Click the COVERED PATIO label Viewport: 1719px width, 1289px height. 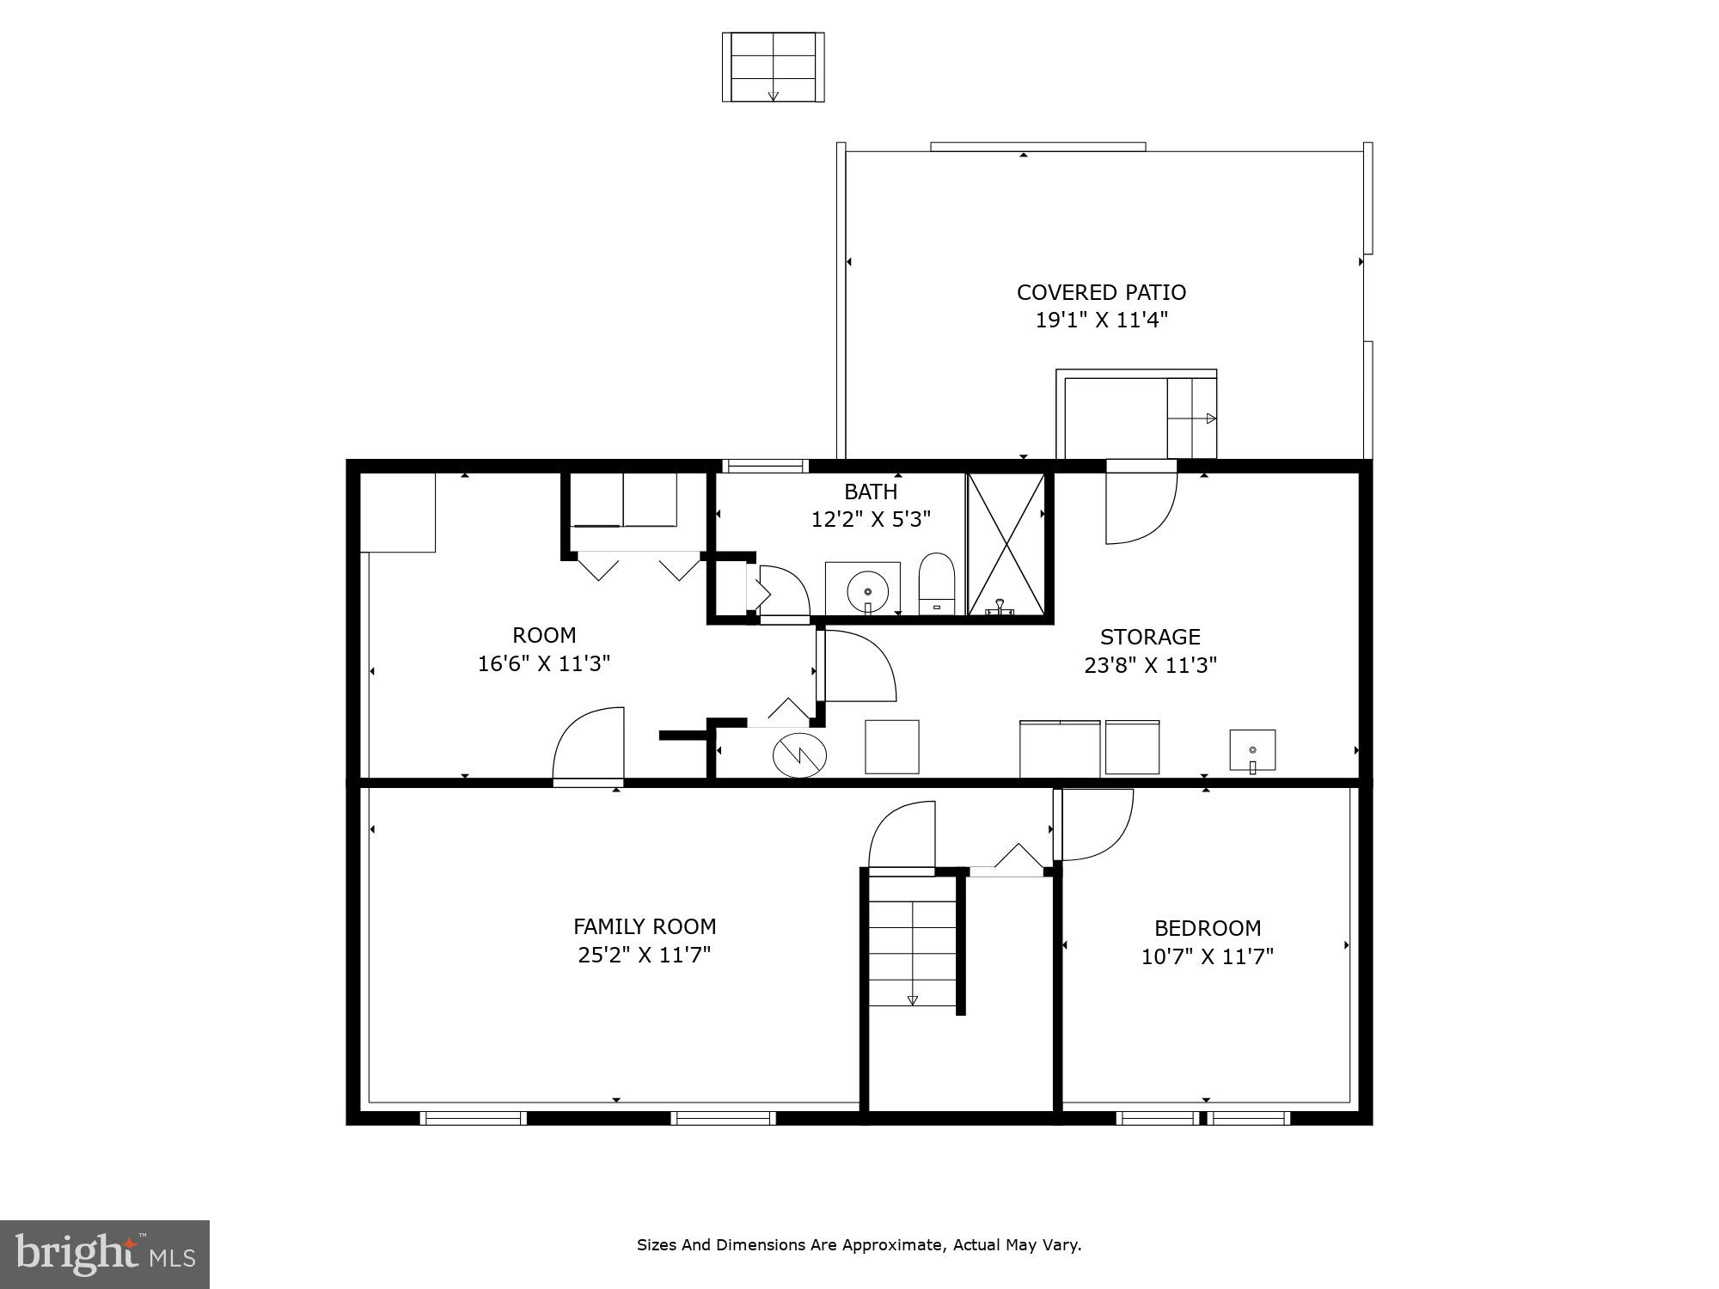(x=1101, y=292)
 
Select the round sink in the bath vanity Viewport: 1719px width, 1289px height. (x=867, y=591)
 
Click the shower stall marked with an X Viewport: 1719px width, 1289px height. (x=1006, y=544)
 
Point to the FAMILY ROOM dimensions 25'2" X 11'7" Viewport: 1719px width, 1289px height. (x=644, y=955)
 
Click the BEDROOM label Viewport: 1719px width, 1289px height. (x=1207, y=928)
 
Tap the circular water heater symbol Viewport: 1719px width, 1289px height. (x=799, y=755)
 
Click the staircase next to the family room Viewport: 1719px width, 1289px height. (x=912, y=941)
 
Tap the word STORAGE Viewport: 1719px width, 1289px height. (x=1150, y=637)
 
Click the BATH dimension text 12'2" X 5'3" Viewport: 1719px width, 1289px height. (x=871, y=519)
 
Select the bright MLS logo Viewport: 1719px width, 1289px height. (x=105, y=1254)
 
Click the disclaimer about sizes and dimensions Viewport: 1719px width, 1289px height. (x=859, y=1244)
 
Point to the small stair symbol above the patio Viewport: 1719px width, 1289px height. (x=773, y=67)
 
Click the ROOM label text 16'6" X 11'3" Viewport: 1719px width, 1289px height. (x=544, y=663)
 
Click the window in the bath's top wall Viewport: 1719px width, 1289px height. (x=765, y=466)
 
